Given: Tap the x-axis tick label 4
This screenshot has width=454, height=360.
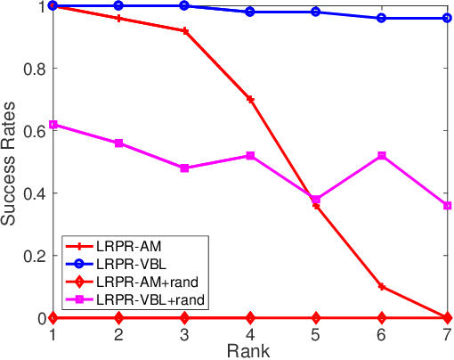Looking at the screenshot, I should [250, 332].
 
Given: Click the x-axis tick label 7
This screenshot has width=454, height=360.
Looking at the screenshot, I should [448, 332].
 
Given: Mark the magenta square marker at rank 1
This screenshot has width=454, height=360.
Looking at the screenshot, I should [53, 125].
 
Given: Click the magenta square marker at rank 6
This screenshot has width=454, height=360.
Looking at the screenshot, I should [382, 156].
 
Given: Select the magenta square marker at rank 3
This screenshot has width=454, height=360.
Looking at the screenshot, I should [184, 168].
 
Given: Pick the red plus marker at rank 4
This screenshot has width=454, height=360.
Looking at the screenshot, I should [250, 99].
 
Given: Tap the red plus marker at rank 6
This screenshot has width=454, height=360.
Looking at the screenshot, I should [382, 287].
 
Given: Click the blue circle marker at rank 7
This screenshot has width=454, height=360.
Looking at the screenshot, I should [448, 18].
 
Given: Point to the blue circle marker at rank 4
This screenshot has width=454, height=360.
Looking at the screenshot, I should [250, 12].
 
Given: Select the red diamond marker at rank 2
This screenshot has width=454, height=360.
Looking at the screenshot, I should [118, 317].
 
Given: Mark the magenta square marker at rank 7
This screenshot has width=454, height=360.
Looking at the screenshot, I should [448, 206].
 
